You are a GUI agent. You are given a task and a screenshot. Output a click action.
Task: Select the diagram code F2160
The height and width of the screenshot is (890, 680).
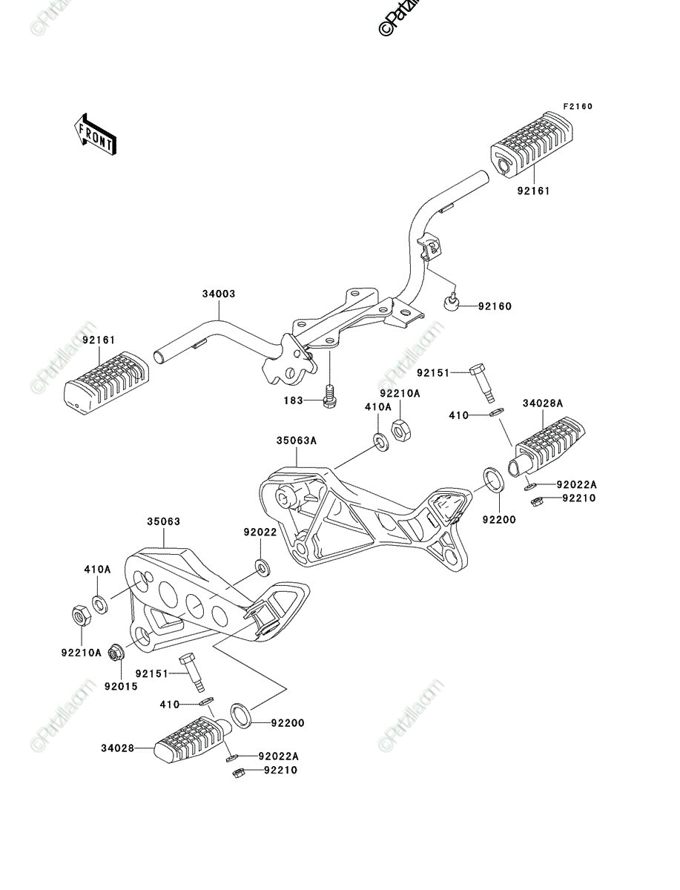click(x=578, y=106)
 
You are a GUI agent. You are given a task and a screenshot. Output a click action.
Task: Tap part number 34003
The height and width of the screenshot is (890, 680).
click(x=219, y=294)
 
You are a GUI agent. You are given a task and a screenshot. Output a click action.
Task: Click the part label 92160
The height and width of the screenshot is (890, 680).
click(x=495, y=306)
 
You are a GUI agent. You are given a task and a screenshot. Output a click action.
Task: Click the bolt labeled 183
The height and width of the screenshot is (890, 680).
click(x=330, y=396)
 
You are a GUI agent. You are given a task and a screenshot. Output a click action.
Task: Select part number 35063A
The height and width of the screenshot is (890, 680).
click(x=296, y=441)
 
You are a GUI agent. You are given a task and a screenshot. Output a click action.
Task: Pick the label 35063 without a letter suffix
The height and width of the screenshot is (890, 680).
click(x=163, y=521)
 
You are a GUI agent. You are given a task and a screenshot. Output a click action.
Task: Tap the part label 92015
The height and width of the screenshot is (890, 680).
click(x=121, y=687)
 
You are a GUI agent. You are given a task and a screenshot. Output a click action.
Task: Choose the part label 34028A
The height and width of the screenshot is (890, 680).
click(x=543, y=403)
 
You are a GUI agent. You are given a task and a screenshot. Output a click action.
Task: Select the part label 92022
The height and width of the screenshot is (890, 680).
click(x=260, y=533)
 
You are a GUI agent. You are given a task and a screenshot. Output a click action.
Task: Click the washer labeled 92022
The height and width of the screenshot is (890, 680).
click(x=263, y=567)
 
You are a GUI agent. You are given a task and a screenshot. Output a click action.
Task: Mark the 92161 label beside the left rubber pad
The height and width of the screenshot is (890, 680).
click(x=99, y=340)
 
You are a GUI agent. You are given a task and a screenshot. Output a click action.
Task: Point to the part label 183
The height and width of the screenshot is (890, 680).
click(x=294, y=400)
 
